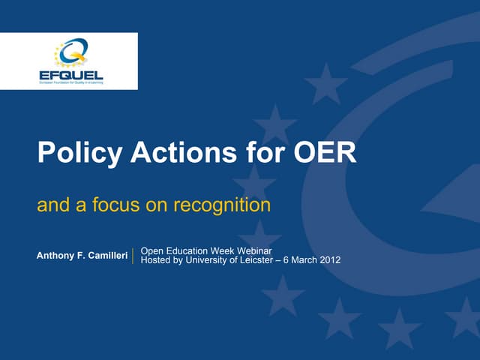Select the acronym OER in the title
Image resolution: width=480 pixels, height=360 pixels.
point(324,153)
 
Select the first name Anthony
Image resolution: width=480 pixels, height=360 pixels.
point(56,256)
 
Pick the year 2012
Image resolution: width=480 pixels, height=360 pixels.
point(329,260)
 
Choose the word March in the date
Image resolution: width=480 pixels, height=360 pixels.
point(304,260)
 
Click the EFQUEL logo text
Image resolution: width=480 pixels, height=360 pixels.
point(70,75)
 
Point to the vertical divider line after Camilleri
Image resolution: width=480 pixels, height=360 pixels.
point(133,256)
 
